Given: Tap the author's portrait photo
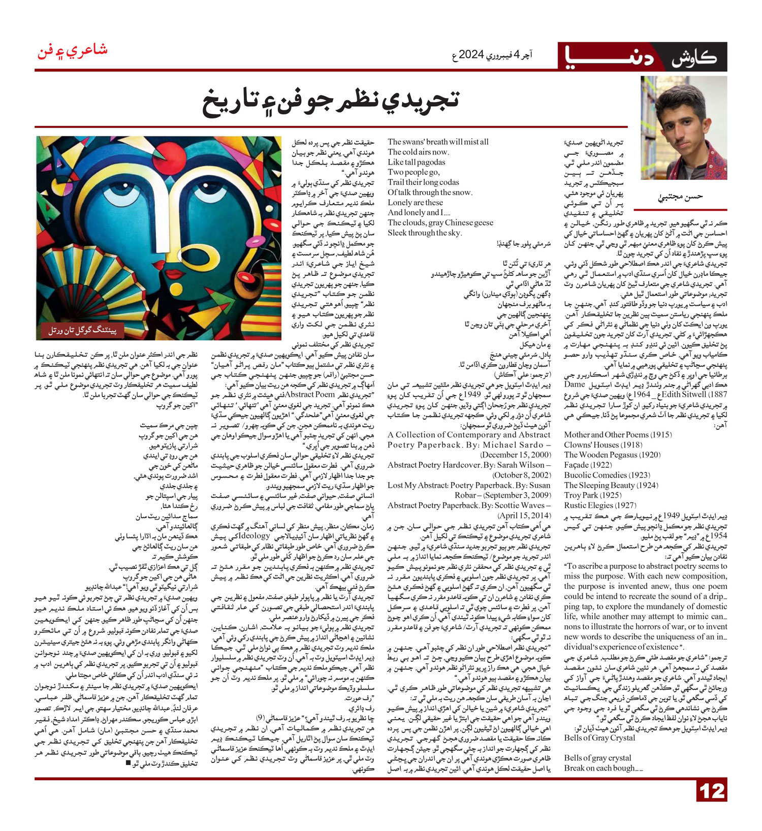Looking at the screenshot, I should tap(683, 127).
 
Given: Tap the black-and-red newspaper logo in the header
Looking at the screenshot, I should tap(643, 57).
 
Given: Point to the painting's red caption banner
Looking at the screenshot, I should tap(83, 330).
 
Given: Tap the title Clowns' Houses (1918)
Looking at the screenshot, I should tap(596, 444).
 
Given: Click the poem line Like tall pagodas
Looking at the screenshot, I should tap(416, 162).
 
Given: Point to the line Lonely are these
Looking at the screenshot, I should tap(415, 202).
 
